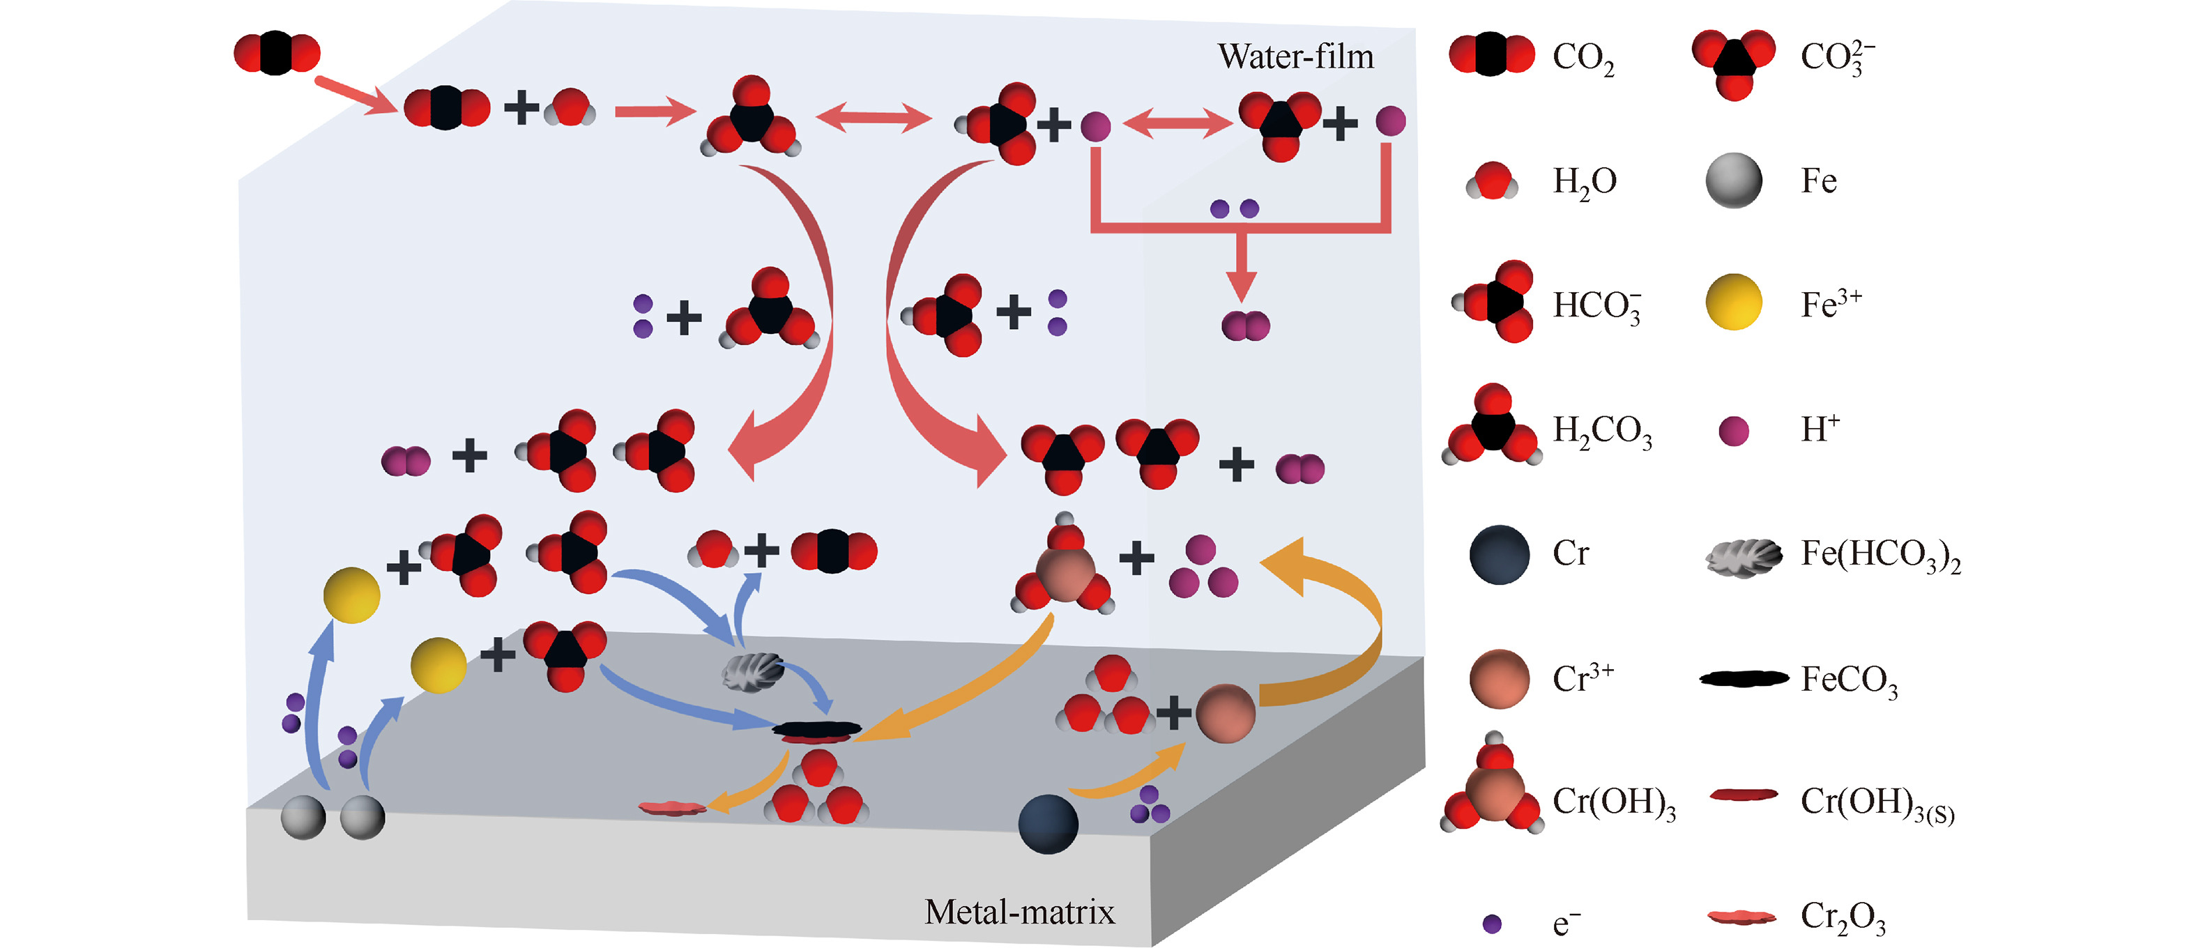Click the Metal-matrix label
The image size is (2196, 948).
[x=1019, y=912]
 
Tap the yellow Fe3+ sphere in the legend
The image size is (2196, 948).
[x=1733, y=303]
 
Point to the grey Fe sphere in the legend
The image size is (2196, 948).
[x=1733, y=180]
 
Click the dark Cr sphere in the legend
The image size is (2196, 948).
[x=1499, y=554]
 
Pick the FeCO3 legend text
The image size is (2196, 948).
[x=1849, y=680]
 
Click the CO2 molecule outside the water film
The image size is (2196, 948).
[x=276, y=53]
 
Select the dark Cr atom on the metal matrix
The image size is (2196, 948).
[x=1048, y=823]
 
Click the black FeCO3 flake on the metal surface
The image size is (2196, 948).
[x=816, y=730]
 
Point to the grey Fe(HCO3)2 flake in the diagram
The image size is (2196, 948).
[x=752, y=672]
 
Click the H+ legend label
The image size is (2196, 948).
[x=1820, y=429]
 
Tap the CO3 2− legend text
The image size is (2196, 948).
[x=1836, y=57]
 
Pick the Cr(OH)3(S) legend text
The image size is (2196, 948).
[x=1876, y=803]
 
